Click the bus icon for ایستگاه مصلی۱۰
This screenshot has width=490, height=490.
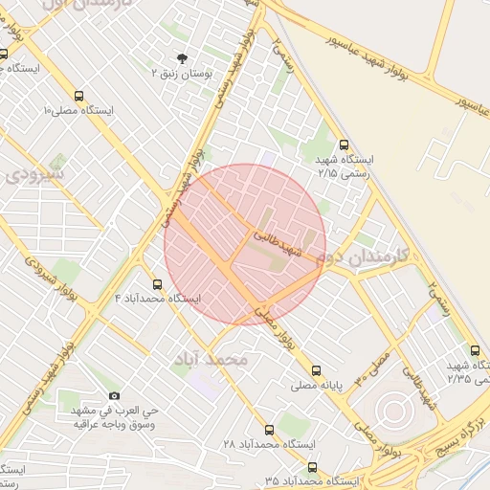click(78, 96)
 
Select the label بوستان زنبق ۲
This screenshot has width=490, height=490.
click(182, 74)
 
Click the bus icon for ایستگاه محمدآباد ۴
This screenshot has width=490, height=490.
click(158, 284)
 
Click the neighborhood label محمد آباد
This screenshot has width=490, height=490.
click(211, 359)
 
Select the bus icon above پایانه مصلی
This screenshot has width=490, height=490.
click(316, 370)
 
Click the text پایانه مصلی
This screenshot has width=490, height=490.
click(317, 386)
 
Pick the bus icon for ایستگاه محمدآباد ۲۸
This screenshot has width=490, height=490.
click(269, 430)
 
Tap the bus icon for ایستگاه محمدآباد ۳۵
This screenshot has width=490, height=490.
click(312, 467)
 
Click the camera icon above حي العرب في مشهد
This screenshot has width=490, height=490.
click(115, 395)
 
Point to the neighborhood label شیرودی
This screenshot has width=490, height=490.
click(34, 175)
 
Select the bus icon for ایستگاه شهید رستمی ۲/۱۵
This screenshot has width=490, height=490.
click(345, 145)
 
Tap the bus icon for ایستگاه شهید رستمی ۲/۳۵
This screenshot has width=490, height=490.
click(476, 350)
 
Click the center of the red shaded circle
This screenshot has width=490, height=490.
click(245, 244)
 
